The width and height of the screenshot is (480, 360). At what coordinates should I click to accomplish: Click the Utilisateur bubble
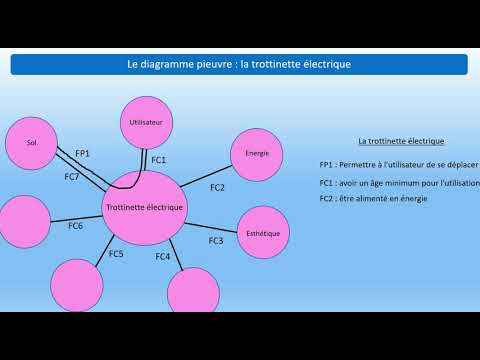(146, 122)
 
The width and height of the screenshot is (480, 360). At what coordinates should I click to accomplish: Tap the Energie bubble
(256, 153)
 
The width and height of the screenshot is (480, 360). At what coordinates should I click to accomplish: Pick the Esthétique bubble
(262, 232)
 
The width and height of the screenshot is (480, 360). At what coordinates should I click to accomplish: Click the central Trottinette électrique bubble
(143, 207)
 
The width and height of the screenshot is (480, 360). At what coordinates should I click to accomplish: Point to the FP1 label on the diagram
(82, 153)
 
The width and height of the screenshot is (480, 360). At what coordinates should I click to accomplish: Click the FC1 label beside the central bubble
(159, 160)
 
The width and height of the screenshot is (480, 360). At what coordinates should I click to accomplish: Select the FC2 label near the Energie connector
(217, 188)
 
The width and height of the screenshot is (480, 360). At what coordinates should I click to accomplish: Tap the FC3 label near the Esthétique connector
(216, 241)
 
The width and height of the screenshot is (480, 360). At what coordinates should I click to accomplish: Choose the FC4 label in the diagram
(163, 257)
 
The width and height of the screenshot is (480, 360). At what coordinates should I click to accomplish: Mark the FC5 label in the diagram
(116, 254)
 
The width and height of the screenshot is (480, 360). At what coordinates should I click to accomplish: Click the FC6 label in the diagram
(76, 226)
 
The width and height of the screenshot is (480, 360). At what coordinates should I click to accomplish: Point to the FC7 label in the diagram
(72, 176)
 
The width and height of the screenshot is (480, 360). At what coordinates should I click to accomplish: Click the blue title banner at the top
(239, 64)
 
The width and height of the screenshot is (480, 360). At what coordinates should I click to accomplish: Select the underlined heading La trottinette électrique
(401, 141)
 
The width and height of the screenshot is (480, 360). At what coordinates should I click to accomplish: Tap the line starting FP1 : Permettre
(398, 164)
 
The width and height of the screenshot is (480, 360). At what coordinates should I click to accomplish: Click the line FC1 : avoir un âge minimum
(398, 183)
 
